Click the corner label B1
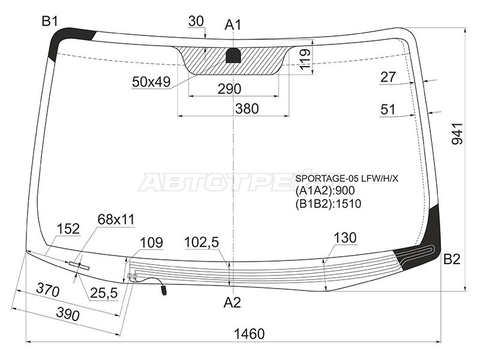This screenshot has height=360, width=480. click(x=50, y=22)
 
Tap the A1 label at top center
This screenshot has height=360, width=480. click(x=233, y=25)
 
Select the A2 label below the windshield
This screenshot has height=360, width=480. click(x=232, y=302)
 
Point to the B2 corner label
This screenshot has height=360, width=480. click(x=452, y=259)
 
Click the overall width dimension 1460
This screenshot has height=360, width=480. click(x=249, y=334)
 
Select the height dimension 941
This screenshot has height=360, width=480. click(x=458, y=133)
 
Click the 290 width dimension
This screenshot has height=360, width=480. click(x=230, y=89)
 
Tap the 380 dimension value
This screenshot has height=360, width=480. click(x=247, y=109)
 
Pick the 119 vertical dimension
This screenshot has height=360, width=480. click(x=305, y=59)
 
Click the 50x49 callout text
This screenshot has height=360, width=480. click(x=151, y=82)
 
